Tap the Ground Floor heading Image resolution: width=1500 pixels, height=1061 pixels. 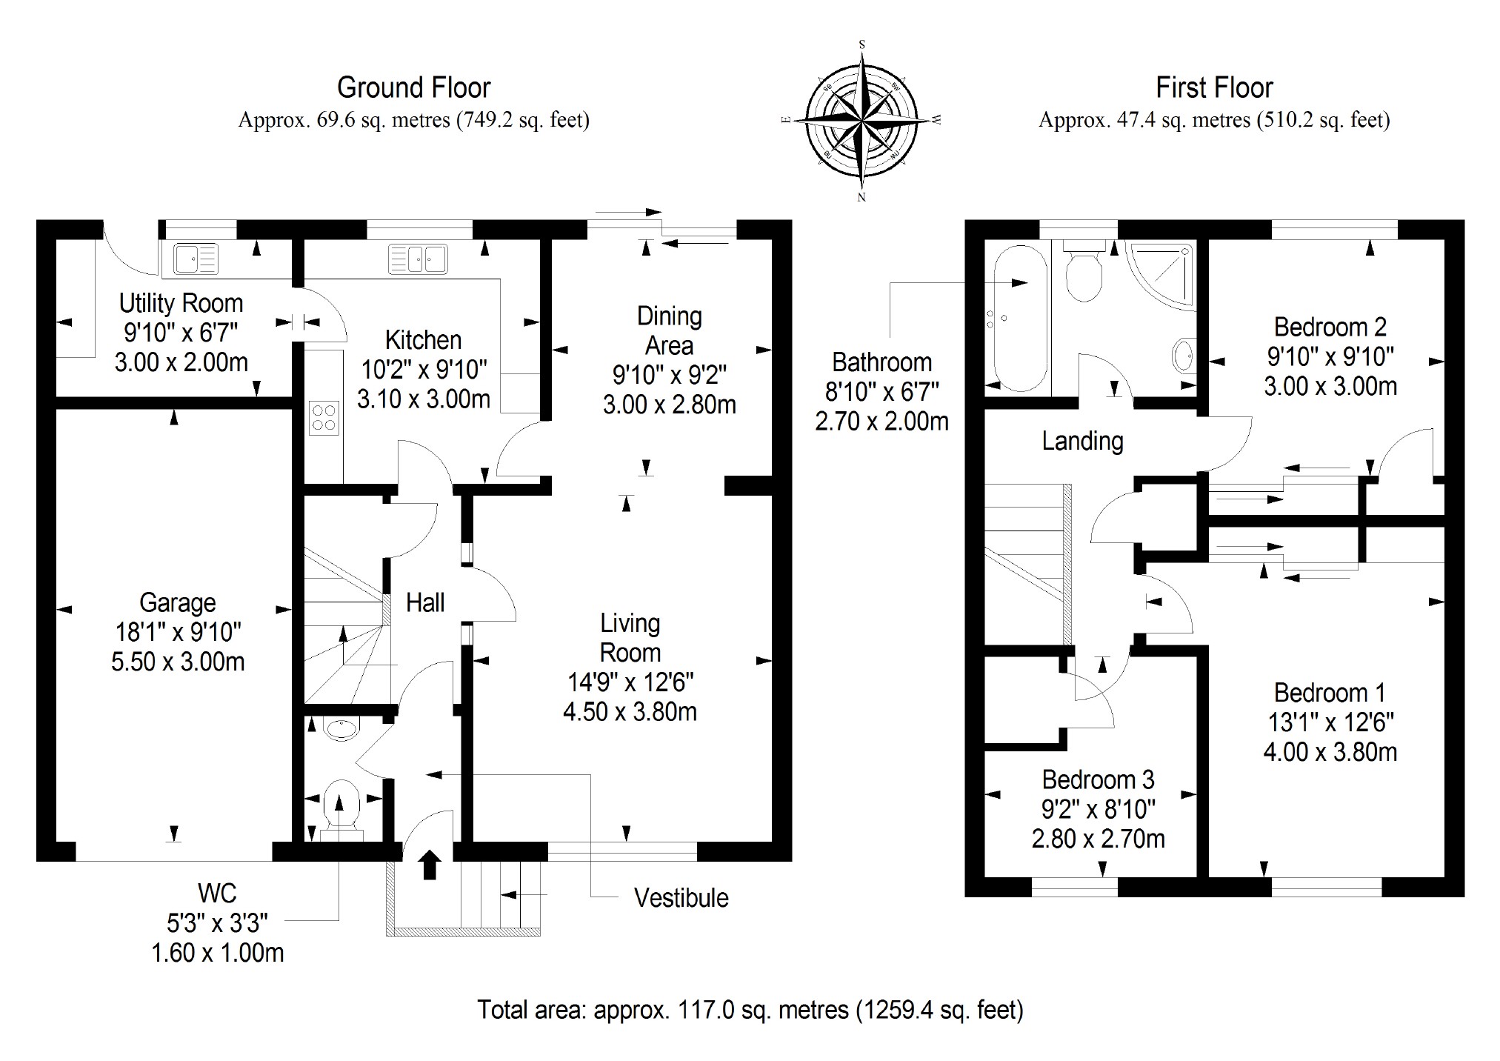[413, 88]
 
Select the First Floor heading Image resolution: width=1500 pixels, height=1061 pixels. [1214, 88]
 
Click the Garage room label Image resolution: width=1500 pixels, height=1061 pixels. [178, 603]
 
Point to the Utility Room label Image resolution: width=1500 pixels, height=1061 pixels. [181, 303]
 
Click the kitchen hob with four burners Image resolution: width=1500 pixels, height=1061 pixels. [324, 416]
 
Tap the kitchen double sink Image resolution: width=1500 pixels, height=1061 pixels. [417, 259]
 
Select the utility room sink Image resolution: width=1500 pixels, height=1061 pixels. [196, 259]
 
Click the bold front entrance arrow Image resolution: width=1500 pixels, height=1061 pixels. [430, 864]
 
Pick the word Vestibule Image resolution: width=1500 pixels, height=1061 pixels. [681, 898]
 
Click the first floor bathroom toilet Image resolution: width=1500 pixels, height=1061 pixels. [1084, 273]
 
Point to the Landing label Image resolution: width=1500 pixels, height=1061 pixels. [1082, 441]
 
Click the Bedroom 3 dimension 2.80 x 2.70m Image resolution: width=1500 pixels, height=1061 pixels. [1098, 839]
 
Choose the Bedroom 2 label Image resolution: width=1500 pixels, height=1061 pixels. [1330, 327]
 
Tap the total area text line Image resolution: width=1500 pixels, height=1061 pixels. [750, 1010]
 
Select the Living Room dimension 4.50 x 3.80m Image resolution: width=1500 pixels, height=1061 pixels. [630, 712]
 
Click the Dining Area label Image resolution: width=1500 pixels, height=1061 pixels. [669, 330]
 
